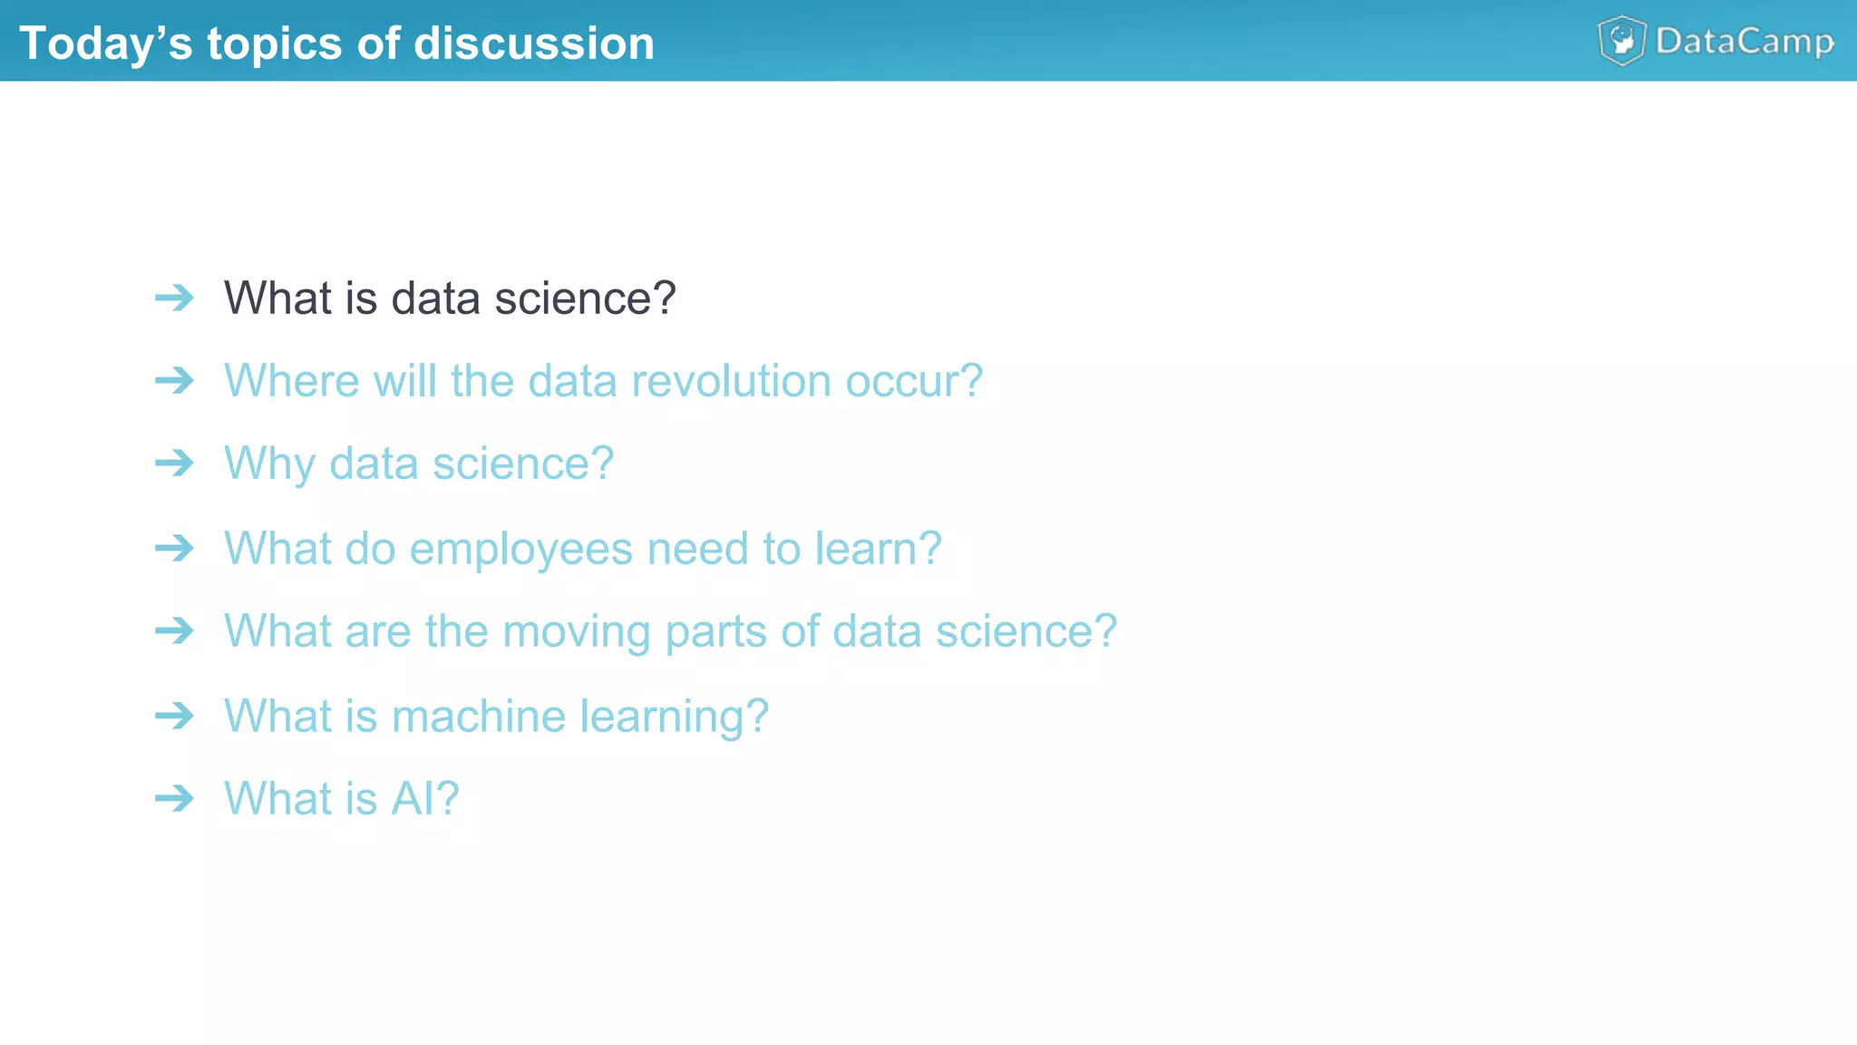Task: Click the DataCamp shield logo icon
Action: click(1621, 41)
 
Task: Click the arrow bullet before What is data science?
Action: click(174, 298)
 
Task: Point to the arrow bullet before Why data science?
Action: click(174, 464)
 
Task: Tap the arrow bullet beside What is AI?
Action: click(174, 798)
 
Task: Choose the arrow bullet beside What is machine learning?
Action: click(174, 716)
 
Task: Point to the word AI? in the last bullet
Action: click(424, 798)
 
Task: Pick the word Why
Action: click(269, 464)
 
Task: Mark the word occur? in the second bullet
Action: click(914, 380)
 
